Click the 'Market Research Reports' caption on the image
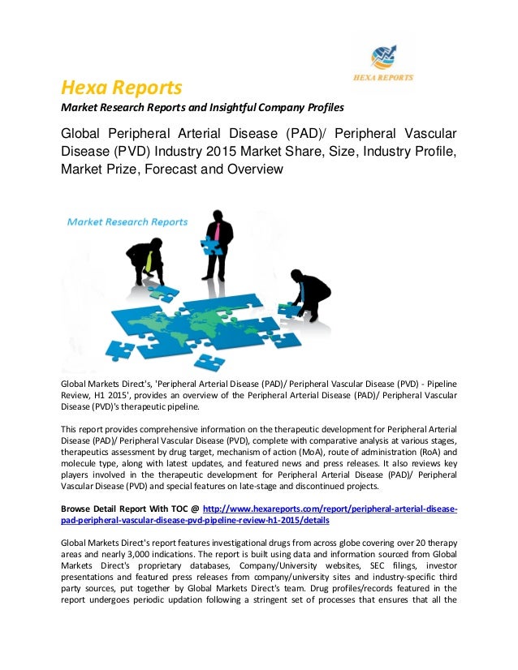click(x=127, y=221)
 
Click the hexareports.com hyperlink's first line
click(x=329, y=509)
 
